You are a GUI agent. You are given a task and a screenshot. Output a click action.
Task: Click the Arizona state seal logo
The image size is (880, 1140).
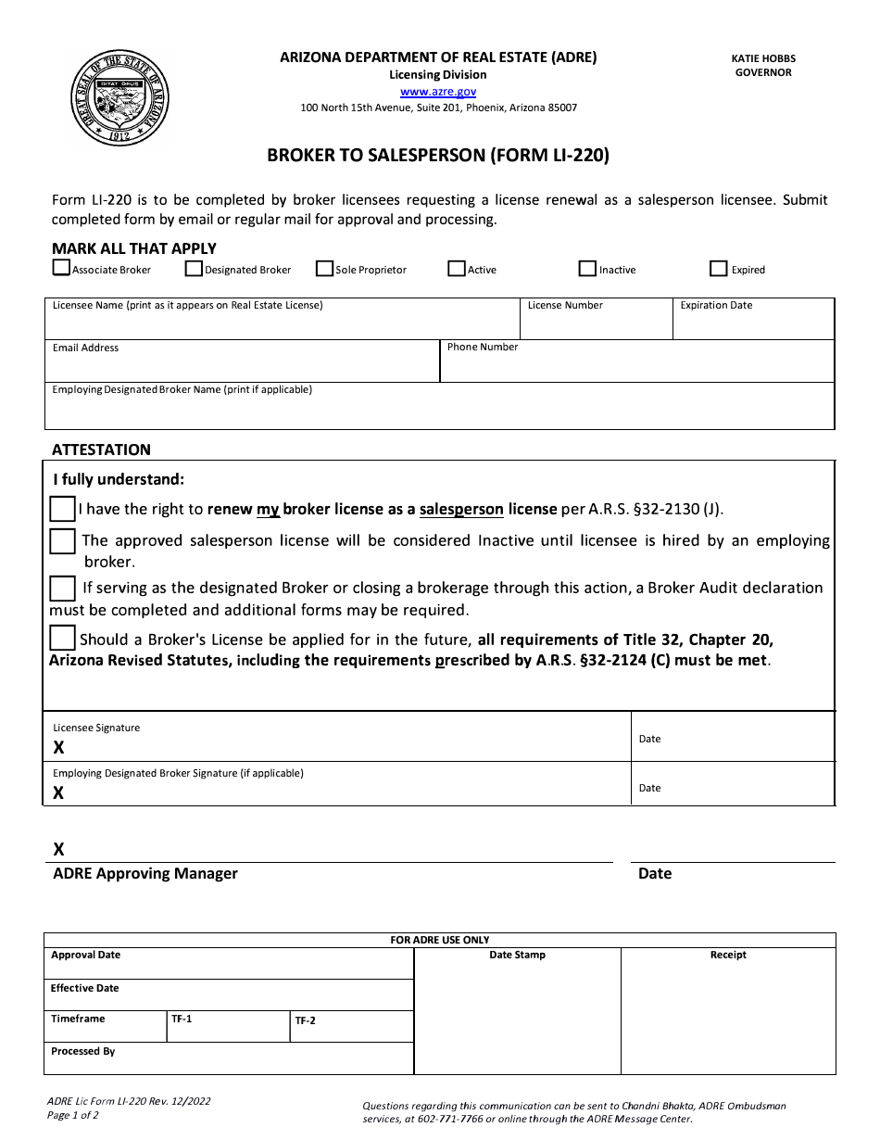tap(120, 96)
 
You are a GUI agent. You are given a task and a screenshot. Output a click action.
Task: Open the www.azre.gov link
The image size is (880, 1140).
tap(438, 92)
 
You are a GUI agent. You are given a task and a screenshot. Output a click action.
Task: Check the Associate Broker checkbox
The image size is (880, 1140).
tap(61, 269)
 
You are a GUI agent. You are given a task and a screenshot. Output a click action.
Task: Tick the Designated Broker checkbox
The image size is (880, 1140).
tap(194, 269)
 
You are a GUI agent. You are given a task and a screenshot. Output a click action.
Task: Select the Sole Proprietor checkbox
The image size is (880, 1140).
tap(324, 269)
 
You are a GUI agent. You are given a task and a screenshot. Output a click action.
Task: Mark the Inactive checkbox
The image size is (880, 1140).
tap(587, 269)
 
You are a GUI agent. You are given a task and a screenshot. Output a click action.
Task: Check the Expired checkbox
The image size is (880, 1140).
tap(718, 269)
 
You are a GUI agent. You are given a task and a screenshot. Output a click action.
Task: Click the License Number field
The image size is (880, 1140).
tap(595, 324)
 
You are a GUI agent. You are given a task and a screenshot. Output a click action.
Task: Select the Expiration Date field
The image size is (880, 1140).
tap(753, 324)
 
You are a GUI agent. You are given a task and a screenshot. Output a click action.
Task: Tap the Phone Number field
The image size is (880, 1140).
tap(636, 366)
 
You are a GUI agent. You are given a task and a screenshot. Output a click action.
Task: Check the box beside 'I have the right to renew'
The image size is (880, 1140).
tap(62, 509)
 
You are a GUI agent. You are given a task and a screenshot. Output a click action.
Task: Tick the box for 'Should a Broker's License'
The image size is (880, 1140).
tap(62, 638)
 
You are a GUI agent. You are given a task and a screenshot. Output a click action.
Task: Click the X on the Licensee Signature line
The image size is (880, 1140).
tap(58, 747)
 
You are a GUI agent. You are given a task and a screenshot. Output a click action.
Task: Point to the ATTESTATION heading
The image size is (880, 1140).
tap(101, 450)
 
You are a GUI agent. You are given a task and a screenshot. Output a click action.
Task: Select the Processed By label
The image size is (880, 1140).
tap(83, 1052)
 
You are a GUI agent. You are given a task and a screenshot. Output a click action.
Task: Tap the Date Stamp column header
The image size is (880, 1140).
tap(517, 955)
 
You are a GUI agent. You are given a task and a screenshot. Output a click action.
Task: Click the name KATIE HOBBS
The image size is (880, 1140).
tap(763, 58)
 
